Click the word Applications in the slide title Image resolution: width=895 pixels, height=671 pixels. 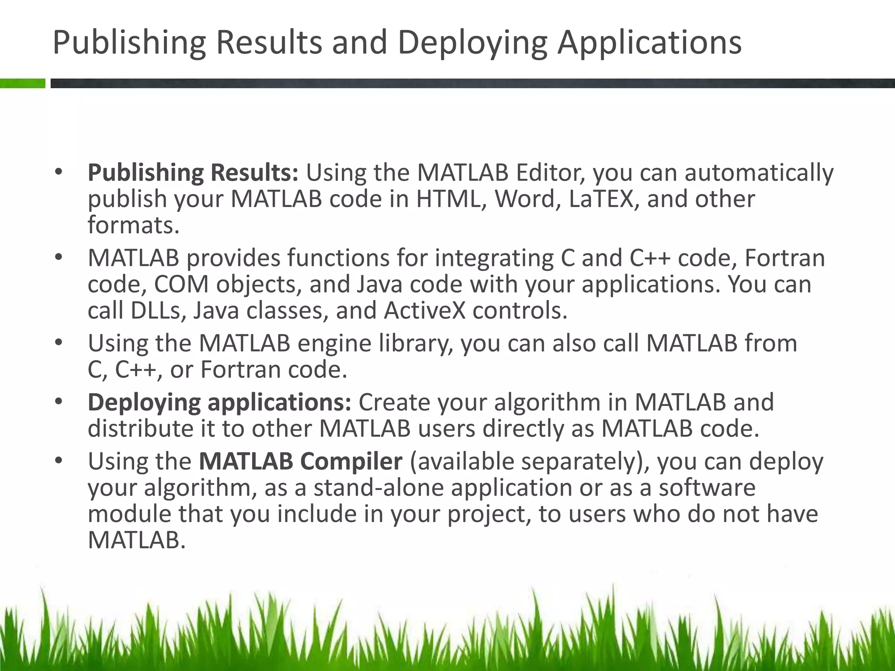(649, 43)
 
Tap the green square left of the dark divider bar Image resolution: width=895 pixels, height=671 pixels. (22, 83)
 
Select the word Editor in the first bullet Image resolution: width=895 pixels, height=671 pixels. (549, 173)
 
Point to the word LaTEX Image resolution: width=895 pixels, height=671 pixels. (601, 199)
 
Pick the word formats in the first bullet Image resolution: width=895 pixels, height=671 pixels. (131, 225)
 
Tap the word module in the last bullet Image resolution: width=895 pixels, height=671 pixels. (129, 514)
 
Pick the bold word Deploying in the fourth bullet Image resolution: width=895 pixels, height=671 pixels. (144, 403)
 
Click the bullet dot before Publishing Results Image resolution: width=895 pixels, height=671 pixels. (59, 172)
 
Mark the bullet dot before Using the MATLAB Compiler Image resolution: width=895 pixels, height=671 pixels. (59, 460)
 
